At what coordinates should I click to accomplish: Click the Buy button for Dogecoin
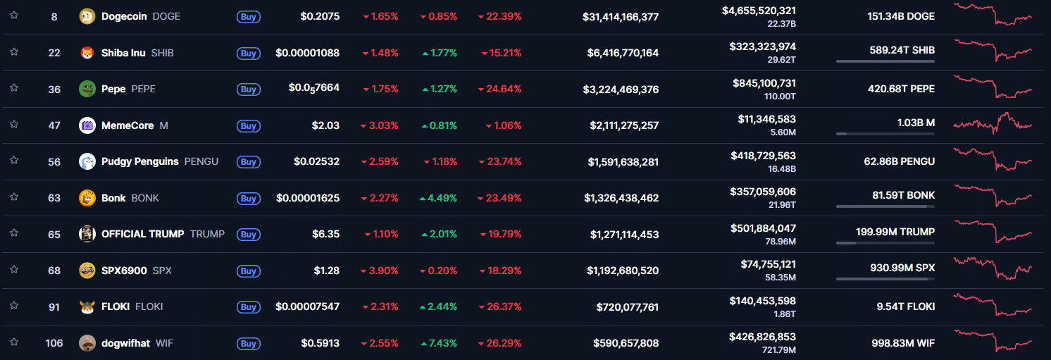(248, 16)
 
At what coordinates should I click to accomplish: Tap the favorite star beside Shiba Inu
(14, 51)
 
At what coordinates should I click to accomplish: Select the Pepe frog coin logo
(87, 89)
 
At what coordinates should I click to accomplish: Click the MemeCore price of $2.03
(325, 125)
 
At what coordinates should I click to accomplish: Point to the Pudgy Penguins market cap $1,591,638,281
(623, 161)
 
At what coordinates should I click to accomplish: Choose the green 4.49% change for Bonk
(439, 198)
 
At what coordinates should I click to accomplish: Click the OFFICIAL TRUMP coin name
(142, 234)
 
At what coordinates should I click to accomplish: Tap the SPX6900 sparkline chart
(993, 268)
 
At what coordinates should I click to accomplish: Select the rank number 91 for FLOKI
(54, 306)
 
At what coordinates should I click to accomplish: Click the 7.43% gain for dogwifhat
(439, 343)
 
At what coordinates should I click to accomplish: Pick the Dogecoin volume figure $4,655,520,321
(759, 11)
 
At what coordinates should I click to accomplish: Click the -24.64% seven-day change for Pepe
(499, 89)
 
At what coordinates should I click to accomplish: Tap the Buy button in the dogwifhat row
(248, 344)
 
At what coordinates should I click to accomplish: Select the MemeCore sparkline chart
(993, 124)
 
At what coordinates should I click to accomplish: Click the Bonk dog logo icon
(87, 198)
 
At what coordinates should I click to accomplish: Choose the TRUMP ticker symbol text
(207, 234)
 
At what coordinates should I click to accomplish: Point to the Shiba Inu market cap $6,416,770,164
(623, 53)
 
